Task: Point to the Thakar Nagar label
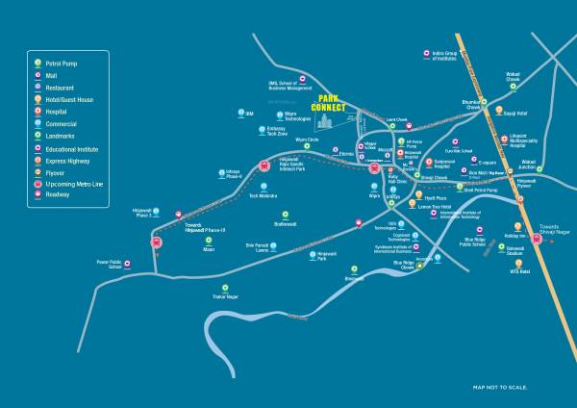tap(223, 296)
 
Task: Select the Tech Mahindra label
tap(263, 195)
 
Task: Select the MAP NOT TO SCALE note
tap(500, 387)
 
